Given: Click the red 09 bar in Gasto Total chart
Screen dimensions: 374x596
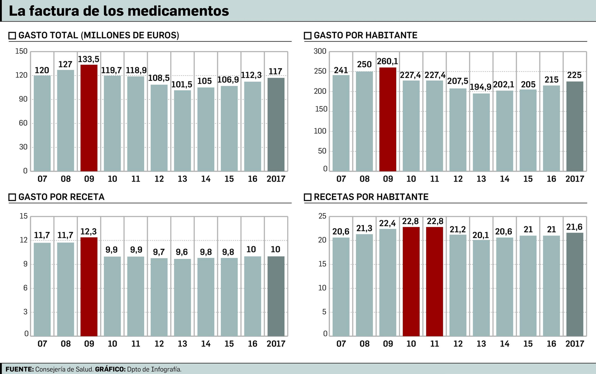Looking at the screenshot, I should point(89,118).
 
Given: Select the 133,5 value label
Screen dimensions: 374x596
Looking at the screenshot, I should point(89,60).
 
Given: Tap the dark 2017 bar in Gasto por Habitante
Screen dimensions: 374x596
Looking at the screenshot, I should point(575,127).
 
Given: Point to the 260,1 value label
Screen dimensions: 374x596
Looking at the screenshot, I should point(387,61).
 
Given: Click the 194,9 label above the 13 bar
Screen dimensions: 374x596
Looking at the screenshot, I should point(481,87).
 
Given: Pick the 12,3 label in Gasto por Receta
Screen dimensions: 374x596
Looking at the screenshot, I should point(89,231).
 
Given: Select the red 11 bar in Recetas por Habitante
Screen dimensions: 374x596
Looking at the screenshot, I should point(434,282).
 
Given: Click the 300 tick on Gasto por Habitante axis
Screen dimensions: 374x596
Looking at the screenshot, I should point(320,51).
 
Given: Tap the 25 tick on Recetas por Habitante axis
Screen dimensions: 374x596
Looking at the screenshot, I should point(322,216).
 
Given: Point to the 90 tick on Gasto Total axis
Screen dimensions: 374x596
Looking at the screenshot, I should point(23,99).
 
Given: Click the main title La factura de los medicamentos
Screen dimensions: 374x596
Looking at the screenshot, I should point(119,11).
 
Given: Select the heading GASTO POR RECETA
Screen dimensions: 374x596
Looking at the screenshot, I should point(61,197).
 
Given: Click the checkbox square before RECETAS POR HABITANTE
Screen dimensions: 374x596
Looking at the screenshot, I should point(308,197).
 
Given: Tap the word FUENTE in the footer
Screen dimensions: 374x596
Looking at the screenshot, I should point(19,369).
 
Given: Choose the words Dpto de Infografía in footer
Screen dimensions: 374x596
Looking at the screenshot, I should point(154,369).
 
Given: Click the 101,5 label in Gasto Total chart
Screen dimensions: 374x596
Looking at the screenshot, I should point(182,84).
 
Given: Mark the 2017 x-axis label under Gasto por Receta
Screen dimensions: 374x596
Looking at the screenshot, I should point(276,343).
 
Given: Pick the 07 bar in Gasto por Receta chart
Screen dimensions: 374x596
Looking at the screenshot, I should point(42,290).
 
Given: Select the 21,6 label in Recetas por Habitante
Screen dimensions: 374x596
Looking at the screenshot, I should point(574,227).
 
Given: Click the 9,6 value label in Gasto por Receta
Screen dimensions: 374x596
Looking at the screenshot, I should point(182,252).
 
